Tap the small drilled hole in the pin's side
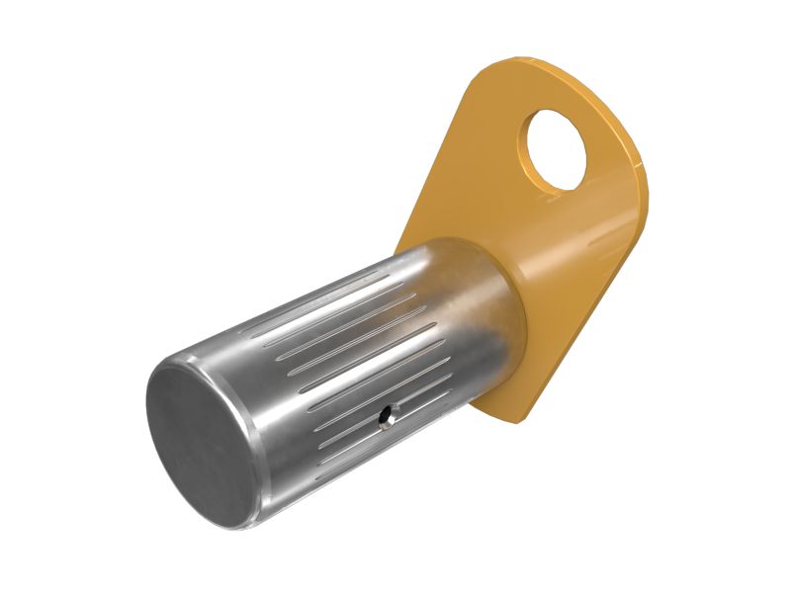(x=384, y=420)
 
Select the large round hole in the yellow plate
(x=561, y=148)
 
